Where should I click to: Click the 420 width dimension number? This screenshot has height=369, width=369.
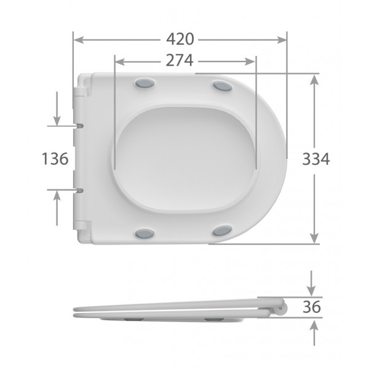[180, 39]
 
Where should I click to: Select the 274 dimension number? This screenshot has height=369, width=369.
[179, 61]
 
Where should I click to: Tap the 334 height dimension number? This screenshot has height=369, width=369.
[317, 159]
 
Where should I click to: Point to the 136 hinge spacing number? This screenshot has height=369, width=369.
[55, 159]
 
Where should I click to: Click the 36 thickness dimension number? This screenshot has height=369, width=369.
[312, 307]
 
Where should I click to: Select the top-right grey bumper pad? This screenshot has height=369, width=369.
[222, 85]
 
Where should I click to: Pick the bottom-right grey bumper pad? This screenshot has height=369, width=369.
[222, 231]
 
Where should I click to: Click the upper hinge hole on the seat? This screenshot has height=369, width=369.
[80, 125]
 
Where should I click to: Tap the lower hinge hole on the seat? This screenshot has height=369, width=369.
[80, 190]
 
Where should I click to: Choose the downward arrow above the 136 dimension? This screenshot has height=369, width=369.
[57, 119]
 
